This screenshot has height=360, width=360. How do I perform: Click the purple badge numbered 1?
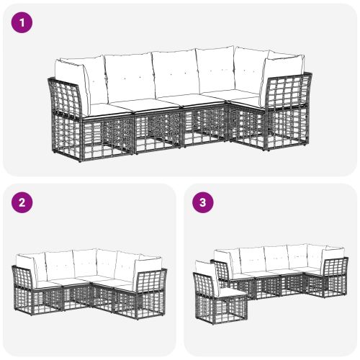tap(22, 23)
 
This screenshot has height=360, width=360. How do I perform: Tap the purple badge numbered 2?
tap(22, 202)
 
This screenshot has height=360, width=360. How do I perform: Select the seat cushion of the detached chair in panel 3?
tap(229, 291)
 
